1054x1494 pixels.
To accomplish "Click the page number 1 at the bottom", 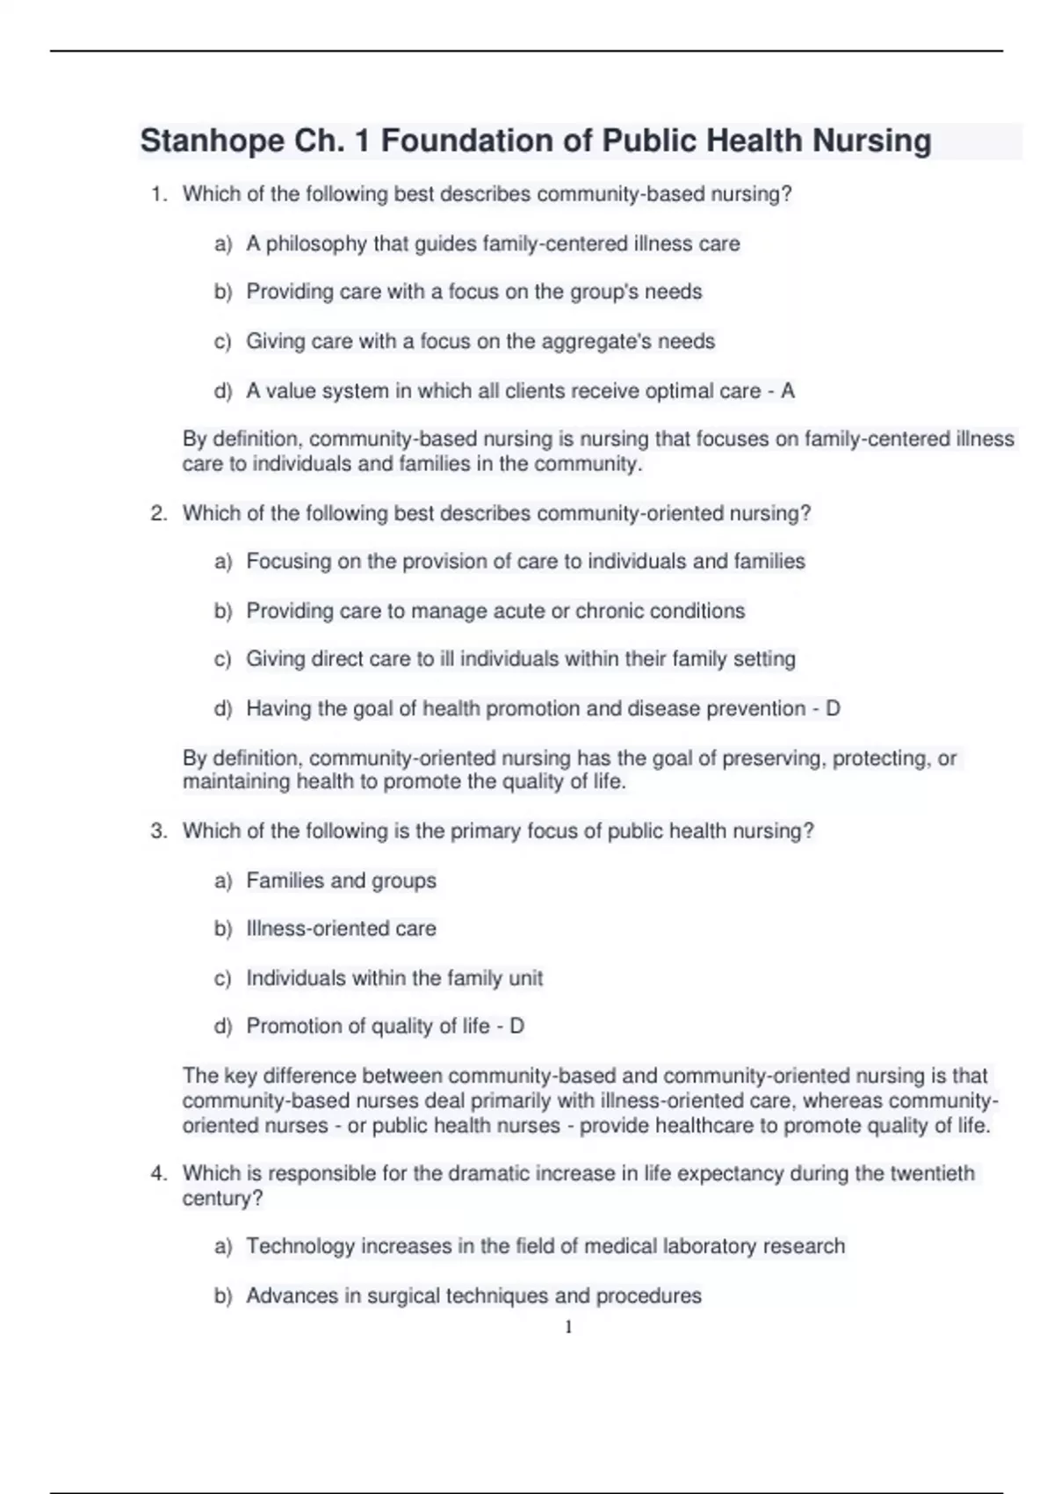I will [x=568, y=1327].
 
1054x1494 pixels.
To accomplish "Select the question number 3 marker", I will [x=158, y=831].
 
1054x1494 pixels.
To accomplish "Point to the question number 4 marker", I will [x=158, y=1173].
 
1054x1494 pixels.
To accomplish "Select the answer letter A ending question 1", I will [x=787, y=391].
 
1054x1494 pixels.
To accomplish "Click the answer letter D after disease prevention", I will [x=833, y=708].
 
